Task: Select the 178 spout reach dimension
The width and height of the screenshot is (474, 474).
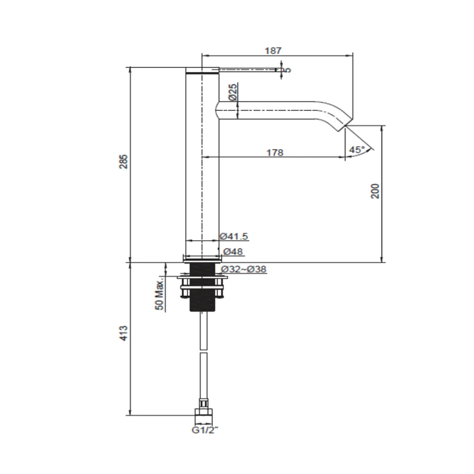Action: click(x=275, y=152)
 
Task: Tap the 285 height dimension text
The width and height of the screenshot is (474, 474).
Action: click(x=124, y=162)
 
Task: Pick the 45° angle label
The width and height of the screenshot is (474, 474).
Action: click(x=357, y=150)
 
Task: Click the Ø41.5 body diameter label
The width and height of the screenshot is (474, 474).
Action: click(x=234, y=236)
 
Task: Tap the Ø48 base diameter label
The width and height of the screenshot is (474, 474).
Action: click(x=233, y=252)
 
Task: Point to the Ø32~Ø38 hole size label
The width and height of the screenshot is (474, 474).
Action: click(x=244, y=269)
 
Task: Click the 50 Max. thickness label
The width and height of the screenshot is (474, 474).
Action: click(x=159, y=295)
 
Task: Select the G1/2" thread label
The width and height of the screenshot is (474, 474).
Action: click(x=204, y=430)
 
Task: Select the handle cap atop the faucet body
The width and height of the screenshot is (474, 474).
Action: click(x=202, y=70)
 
